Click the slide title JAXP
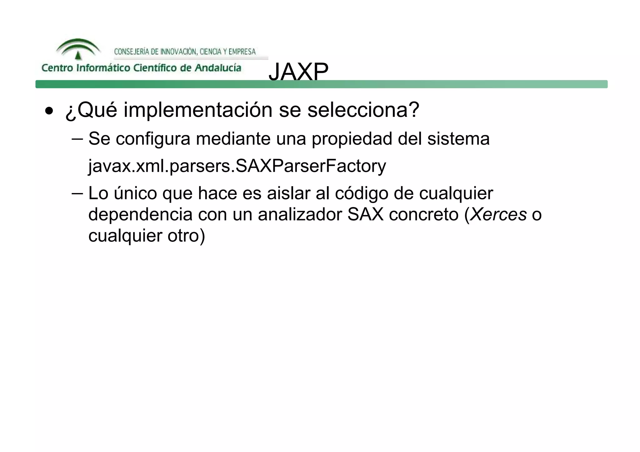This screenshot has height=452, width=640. click(x=298, y=72)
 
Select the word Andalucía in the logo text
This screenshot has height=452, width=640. click(x=218, y=68)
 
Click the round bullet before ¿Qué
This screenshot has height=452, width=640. click(x=49, y=111)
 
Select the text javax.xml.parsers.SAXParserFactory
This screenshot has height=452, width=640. click(x=237, y=166)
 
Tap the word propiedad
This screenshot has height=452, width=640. click(x=352, y=138)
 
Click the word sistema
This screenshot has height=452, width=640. click(x=458, y=138)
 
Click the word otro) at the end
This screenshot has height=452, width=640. click(x=186, y=236)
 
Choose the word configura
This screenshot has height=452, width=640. click(x=153, y=138)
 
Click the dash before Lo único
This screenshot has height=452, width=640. click(x=77, y=193)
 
